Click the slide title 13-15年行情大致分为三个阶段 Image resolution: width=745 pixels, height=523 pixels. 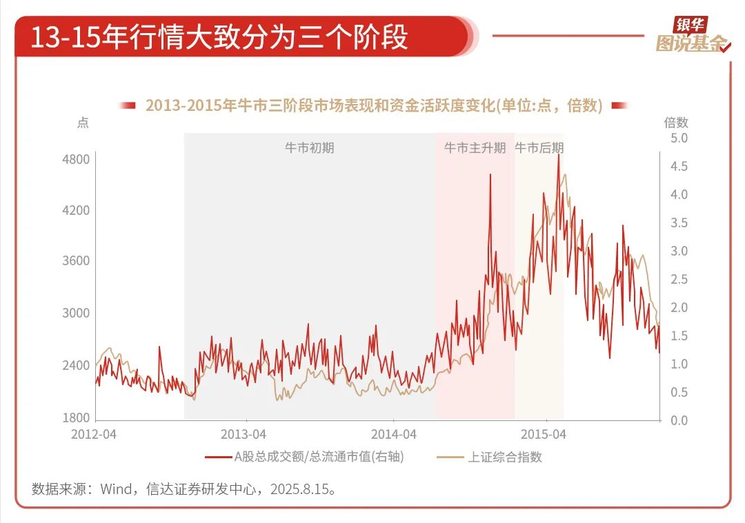coord(219,37)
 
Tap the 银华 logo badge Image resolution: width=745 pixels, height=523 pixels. coord(691,25)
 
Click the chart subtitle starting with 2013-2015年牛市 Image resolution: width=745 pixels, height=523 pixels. coord(374,105)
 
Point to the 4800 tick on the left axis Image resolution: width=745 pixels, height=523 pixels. coord(77,160)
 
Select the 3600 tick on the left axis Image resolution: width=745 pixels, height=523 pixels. coord(77,261)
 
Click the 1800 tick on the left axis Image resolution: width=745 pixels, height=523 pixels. coord(77,418)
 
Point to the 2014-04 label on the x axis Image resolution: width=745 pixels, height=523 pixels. coord(394,435)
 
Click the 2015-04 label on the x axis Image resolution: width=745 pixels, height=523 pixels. coord(544,435)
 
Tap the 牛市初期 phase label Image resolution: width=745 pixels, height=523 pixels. coord(309,147)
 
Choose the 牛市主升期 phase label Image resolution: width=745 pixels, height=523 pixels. coord(475,147)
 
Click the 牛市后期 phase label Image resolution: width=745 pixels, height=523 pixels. coord(539,147)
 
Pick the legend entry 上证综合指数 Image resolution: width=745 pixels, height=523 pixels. coord(505,457)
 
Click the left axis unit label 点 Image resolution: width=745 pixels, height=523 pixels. coord(83,123)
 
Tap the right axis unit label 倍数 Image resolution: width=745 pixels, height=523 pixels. coord(676,123)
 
